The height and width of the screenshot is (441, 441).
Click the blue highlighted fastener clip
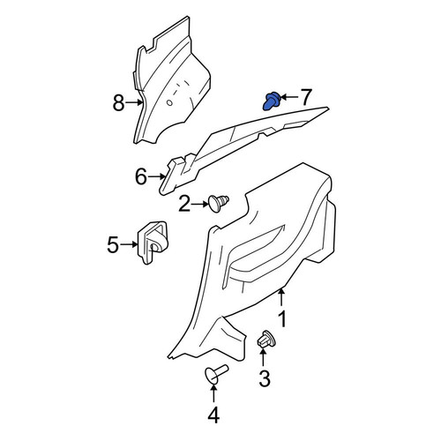pyautogui.click(x=271, y=101)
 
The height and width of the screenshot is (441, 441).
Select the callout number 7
pyautogui.click(x=305, y=97)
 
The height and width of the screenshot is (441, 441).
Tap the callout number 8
pyautogui.click(x=118, y=103)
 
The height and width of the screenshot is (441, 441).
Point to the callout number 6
pyautogui.click(x=141, y=177)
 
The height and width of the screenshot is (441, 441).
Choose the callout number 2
pyautogui.click(x=184, y=205)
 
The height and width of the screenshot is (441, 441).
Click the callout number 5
pyautogui.click(x=114, y=244)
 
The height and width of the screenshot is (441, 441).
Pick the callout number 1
pyautogui.click(x=282, y=319)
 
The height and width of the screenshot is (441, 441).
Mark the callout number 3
pyautogui.click(x=265, y=378)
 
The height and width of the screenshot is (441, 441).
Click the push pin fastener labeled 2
pyautogui.click(x=218, y=203)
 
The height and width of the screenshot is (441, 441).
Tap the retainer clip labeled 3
pyautogui.click(x=266, y=340)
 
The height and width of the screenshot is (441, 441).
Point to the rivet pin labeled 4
pyautogui.click(x=216, y=373)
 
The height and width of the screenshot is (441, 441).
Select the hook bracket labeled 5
pyautogui.click(x=153, y=243)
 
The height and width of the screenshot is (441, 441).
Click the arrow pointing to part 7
pyautogui.click(x=289, y=97)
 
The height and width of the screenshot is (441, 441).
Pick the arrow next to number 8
pyautogui.click(x=134, y=102)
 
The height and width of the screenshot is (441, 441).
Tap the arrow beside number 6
pyautogui.click(x=156, y=176)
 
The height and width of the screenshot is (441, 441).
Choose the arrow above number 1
pyautogui.click(x=281, y=298)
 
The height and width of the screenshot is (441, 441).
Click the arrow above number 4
pyautogui.click(x=213, y=393)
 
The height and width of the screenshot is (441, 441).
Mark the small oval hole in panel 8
pyautogui.click(x=169, y=102)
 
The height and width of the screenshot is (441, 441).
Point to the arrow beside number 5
pyautogui.click(x=130, y=244)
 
